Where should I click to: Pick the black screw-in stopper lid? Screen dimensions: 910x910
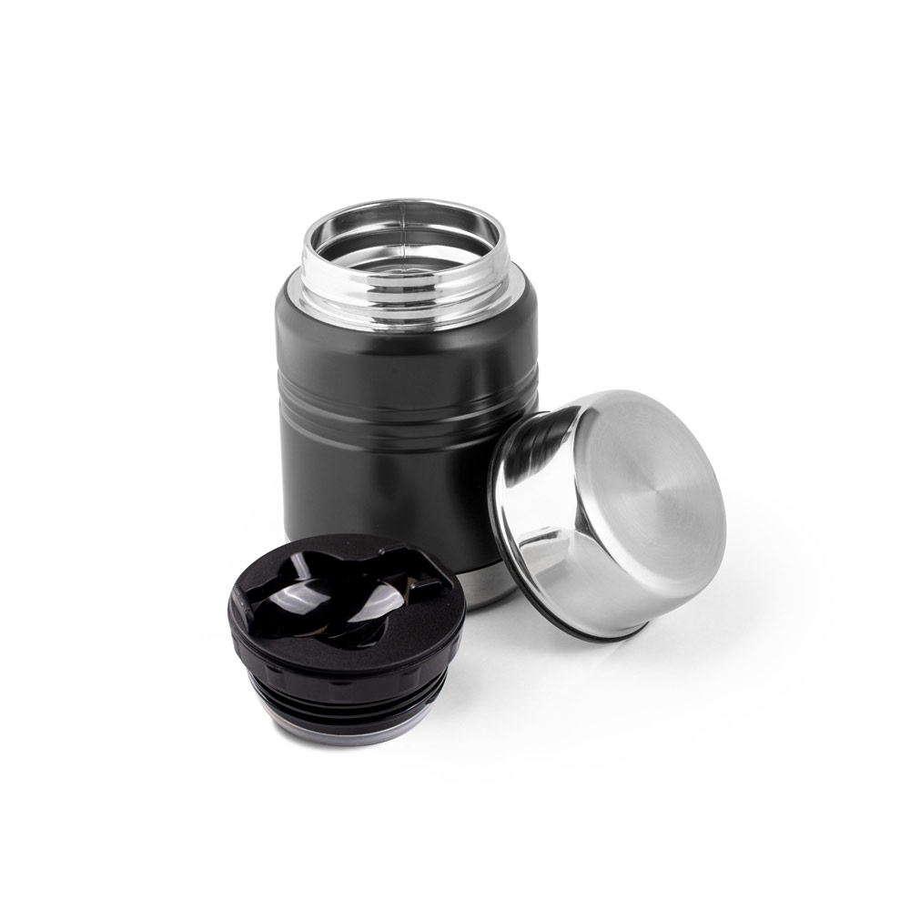pyautogui.click(x=346, y=637)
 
